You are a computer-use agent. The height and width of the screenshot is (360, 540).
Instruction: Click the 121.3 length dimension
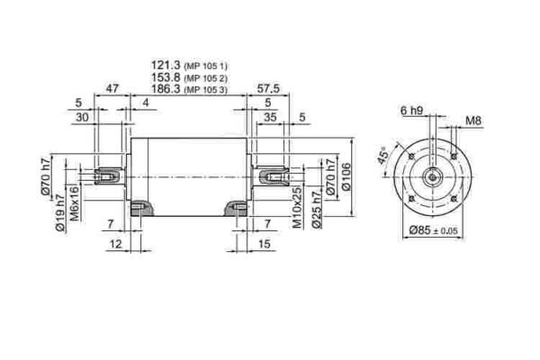tap(166, 66)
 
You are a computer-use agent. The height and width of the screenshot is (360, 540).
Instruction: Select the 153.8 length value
tap(166, 77)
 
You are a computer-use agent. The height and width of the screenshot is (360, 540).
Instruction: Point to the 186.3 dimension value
tap(166, 90)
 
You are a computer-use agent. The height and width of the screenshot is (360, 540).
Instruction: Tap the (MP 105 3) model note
tap(205, 91)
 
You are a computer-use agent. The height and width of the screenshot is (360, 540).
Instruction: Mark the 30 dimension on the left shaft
tap(83, 117)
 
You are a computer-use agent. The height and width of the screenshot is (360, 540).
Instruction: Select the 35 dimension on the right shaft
tap(271, 117)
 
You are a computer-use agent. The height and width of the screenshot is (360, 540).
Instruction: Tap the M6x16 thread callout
tap(76, 209)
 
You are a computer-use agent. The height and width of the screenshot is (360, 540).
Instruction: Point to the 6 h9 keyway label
tap(409, 110)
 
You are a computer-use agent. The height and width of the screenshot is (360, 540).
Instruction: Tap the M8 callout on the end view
tap(472, 119)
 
